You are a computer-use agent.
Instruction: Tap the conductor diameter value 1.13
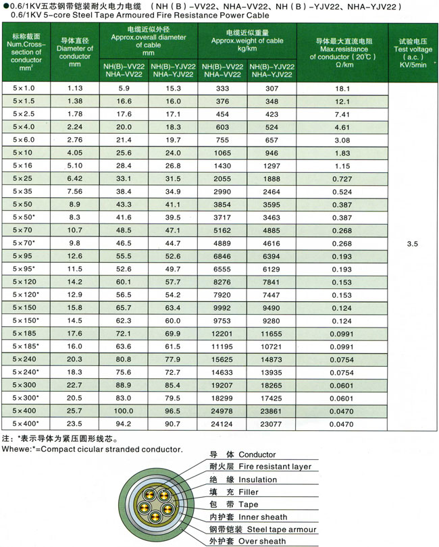point(75,88)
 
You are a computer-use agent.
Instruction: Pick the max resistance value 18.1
point(342,88)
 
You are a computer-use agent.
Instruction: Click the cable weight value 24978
point(222,411)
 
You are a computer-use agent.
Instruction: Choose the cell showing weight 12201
point(222,334)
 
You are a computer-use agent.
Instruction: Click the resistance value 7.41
point(342,113)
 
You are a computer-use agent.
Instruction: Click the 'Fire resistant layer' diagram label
point(276,467)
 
